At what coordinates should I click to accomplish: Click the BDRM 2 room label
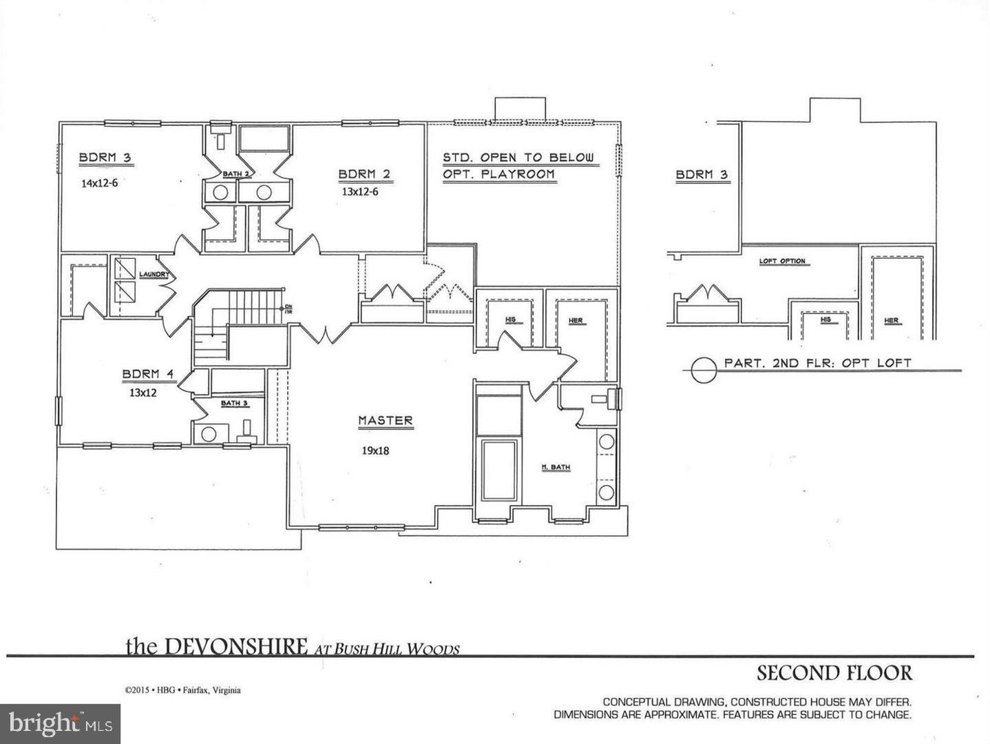tap(364, 174)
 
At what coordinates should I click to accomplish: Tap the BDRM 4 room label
tap(149, 374)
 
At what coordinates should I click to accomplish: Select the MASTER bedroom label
tap(385, 420)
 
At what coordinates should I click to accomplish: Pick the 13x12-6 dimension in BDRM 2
tap(359, 192)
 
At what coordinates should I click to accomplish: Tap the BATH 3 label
tap(234, 403)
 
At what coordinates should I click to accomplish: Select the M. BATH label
tap(556, 468)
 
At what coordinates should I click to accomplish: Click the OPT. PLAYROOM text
tap(498, 174)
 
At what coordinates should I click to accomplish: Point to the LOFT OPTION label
tap(782, 261)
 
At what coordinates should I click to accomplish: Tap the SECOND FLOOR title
tap(834, 672)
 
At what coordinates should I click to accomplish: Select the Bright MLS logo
tap(61, 723)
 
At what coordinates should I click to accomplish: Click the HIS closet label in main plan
tap(510, 320)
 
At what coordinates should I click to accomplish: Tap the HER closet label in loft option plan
tap(892, 320)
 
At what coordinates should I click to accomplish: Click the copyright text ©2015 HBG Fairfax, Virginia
tap(182, 690)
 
